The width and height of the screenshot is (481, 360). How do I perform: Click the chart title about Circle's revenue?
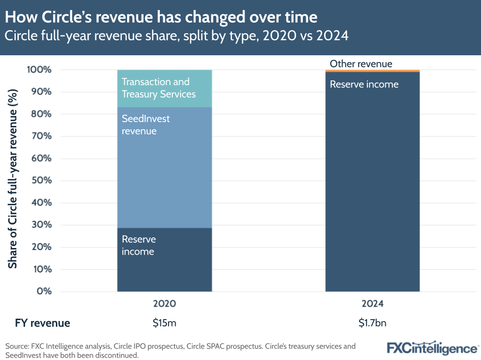[x=161, y=17]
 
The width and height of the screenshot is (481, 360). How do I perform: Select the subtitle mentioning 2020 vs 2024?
[x=177, y=36]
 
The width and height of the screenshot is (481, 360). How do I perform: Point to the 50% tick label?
[x=40, y=181]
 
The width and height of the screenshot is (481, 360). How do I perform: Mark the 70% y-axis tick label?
[x=40, y=137]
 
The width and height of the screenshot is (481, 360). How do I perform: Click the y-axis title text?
[x=13, y=178]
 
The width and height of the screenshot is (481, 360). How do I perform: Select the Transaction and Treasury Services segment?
[x=164, y=88]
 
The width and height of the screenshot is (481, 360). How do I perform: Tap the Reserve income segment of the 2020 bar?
[x=164, y=260]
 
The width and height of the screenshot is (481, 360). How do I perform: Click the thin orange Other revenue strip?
[x=372, y=71]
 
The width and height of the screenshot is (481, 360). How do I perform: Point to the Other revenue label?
[x=361, y=63]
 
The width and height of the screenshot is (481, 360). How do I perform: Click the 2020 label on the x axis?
[x=164, y=304]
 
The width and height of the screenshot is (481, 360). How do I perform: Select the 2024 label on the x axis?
[x=372, y=304]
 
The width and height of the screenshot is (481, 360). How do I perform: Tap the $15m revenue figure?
[x=164, y=323]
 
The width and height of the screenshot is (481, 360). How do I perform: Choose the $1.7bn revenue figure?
[x=372, y=323]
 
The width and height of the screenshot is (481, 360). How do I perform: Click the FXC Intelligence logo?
[x=432, y=348]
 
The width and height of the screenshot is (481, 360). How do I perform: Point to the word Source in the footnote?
[x=17, y=346]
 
